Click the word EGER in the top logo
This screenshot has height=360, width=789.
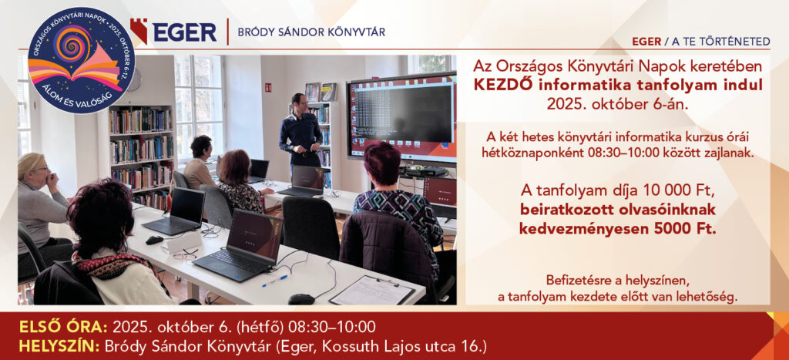[185, 32]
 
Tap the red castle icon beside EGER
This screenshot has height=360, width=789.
[139, 31]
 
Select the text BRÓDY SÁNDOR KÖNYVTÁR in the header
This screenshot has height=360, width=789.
[311, 32]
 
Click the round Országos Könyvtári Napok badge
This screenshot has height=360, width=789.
[75, 59]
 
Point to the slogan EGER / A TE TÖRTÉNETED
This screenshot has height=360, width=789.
[701, 42]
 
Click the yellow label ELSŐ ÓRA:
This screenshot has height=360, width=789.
[63, 328]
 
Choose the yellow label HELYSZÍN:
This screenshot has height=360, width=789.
[60, 346]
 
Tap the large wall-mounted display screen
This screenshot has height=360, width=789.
[401, 117]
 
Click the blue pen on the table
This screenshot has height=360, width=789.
[275, 281]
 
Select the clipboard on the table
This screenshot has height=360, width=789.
[372, 290]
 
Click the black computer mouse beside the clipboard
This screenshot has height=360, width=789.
[302, 299]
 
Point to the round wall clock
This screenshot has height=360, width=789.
[134, 79]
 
